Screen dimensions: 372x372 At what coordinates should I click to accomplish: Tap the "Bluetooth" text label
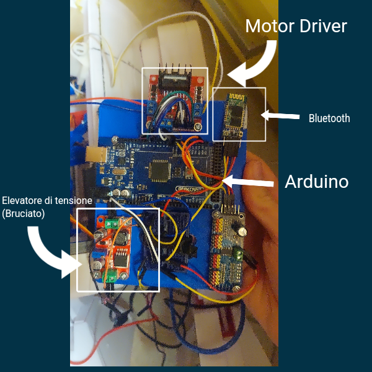click(x=329, y=118)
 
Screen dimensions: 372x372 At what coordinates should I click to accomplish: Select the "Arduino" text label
click(x=316, y=182)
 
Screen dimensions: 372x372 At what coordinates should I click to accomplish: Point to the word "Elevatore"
click(x=25, y=201)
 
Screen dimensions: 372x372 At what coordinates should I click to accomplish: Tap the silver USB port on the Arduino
click(x=95, y=155)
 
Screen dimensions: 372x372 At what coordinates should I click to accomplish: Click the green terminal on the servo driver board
click(x=238, y=253)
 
